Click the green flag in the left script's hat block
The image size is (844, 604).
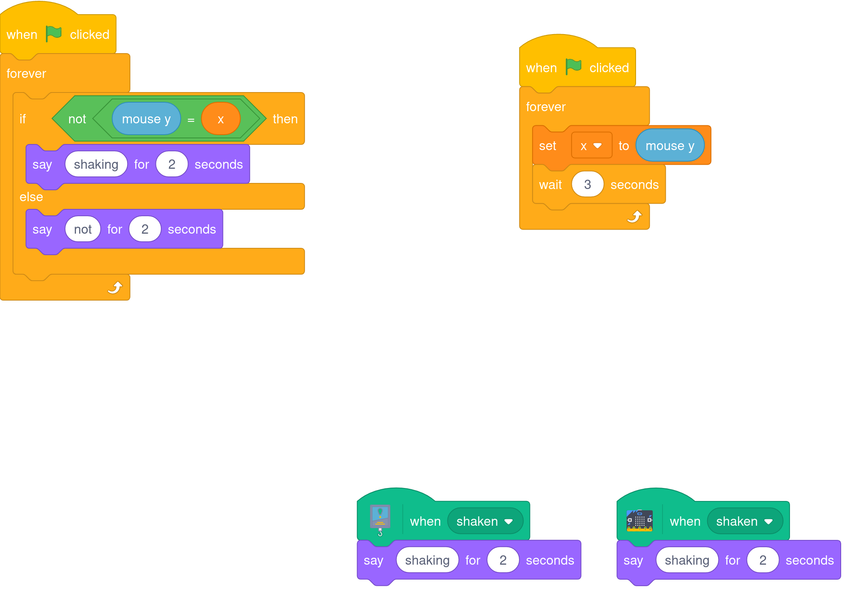coord(53,34)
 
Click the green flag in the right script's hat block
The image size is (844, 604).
coord(573,67)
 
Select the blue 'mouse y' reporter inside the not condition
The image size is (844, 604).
coord(146,119)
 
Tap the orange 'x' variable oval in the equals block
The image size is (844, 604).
coord(221,119)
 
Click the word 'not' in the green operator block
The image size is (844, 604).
coord(77,119)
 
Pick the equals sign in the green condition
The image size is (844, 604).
coord(191,120)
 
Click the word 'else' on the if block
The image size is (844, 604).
coord(31,197)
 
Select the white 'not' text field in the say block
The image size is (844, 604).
coord(83,229)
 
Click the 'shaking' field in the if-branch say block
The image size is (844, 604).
coord(96,164)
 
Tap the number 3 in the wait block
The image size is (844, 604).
coord(587,185)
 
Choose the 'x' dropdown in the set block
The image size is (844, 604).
coord(591,146)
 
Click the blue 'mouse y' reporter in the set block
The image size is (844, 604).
coord(670,146)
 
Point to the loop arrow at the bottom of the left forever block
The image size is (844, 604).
coord(115,287)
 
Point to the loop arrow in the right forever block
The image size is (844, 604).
coord(634,217)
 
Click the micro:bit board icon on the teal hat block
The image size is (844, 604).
coord(639,520)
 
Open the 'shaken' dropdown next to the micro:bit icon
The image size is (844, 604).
coord(744,521)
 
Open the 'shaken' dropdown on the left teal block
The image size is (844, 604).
coord(485,521)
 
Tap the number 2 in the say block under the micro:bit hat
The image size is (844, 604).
coord(762,560)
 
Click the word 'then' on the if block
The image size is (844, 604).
coord(285,119)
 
